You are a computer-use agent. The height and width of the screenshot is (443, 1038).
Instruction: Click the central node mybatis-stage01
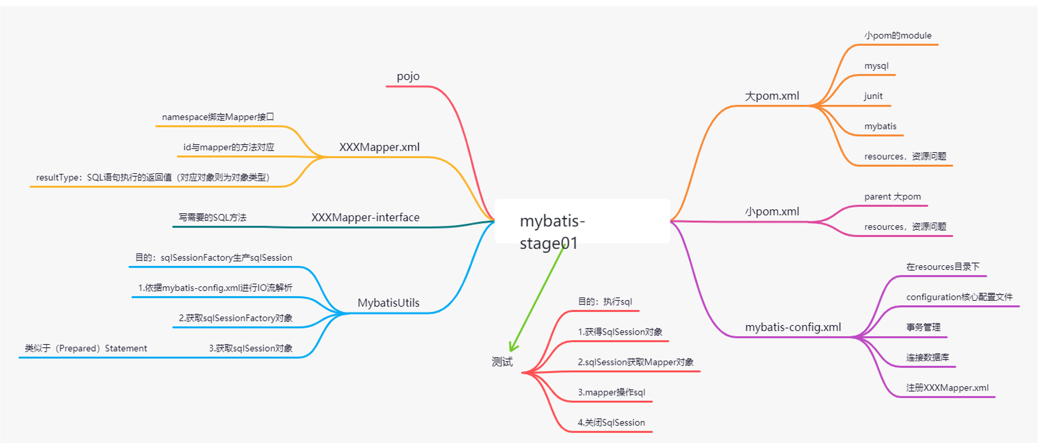coord(582,221)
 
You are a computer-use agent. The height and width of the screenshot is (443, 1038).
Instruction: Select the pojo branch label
coord(408,76)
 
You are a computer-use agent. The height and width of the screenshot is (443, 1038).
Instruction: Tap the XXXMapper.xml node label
coord(379,147)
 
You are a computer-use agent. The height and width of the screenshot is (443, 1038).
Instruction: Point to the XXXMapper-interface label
coord(365,217)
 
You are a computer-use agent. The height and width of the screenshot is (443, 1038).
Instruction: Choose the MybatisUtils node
coord(388,303)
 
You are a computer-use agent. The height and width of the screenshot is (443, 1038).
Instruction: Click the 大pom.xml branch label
coord(772,96)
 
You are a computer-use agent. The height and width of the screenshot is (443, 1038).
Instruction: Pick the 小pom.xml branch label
coord(772,212)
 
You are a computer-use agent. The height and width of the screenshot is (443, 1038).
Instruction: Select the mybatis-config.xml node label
coord(793,327)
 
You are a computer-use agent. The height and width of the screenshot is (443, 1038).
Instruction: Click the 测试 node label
coord(502,362)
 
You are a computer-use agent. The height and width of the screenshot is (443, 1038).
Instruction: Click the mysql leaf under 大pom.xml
coord(876,66)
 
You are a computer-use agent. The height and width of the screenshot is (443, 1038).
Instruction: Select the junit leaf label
coord(873,96)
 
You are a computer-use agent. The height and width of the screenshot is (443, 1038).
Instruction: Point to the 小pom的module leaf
coord(897,36)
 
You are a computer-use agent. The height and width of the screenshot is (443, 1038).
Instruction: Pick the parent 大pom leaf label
coord(892,196)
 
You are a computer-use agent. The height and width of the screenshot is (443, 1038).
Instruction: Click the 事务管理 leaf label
coord(923,327)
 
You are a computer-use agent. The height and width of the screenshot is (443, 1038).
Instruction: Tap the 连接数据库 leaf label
coord(927,357)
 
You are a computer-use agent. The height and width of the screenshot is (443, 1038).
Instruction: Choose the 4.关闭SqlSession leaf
coord(611,423)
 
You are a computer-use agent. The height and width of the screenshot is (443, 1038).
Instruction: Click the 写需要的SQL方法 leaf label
coord(212,217)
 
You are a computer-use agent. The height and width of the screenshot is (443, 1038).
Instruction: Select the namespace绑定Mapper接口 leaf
coord(218,117)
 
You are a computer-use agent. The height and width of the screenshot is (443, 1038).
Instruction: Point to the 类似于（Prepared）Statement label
coord(86,348)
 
